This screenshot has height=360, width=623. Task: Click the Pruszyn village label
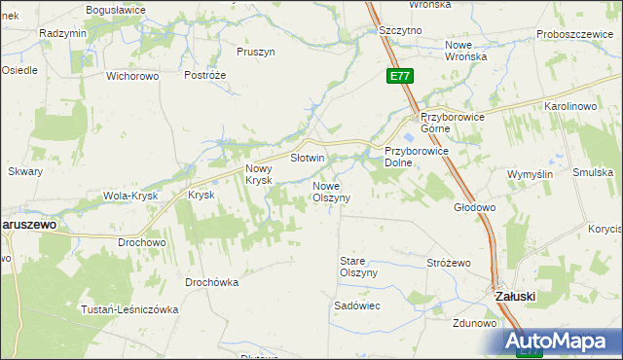click(x=257, y=51)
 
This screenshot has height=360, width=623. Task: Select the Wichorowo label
click(x=131, y=75)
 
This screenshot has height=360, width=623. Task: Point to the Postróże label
click(x=204, y=75)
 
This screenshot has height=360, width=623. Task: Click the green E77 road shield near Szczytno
click(x=398, y=75)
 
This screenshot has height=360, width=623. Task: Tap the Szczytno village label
click(x=400, y=31)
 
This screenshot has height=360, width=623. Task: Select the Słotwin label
click(x=308, y=158)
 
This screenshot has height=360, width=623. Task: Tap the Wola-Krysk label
click(x=129, y=197)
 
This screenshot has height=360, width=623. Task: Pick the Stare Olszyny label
click(x=357, y=267)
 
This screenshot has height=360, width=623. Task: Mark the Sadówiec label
click(x=356, y=306)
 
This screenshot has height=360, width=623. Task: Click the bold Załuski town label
click(x=513, y=296)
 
